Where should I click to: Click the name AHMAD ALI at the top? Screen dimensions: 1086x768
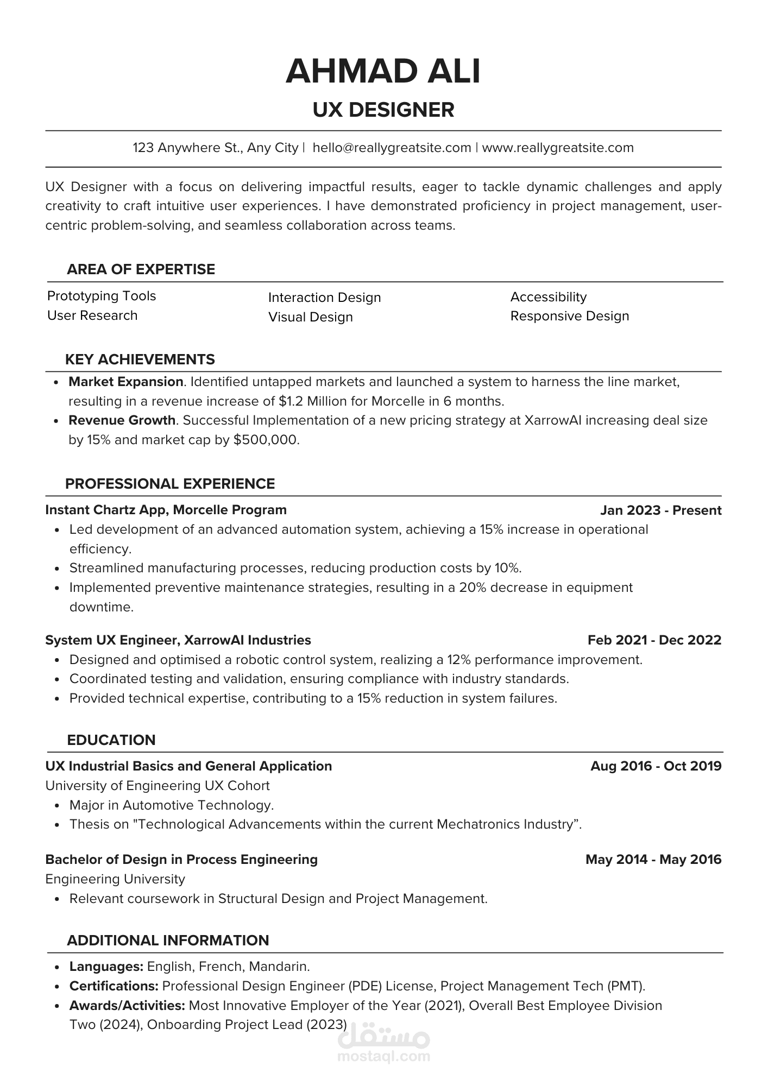[x=383, y=72]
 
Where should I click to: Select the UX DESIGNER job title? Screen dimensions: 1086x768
[x=383, y=110]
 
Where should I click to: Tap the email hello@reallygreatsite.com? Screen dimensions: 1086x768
[x=392, y=148]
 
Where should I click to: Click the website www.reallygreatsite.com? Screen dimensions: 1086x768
[x=558, y=148]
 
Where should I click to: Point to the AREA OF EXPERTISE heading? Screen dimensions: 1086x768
[x=141, y=269]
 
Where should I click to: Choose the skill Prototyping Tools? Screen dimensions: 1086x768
[x=102, y=296]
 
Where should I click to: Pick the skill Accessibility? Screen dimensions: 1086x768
[x=549, y=297]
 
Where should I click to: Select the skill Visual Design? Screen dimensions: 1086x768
[x=310, y=317]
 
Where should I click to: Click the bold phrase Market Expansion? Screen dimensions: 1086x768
[x=125, y=382]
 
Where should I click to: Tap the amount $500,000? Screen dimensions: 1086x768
[x=266, y=440]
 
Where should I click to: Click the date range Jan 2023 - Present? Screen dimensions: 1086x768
[x=660, y=510]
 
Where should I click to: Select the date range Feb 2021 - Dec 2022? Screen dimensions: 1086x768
[x=654, y=640]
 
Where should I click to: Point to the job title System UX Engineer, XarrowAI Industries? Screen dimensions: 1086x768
[x=178, y=640]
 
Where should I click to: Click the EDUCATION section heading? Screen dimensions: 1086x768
[x=111, y=740]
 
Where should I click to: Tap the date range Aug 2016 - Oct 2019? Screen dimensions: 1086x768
[x=656, y=766]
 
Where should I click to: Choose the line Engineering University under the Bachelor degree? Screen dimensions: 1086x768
[x=115, y=879]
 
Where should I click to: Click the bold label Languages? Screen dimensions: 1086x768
[x=106, y=967]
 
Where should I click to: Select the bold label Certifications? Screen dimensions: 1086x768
[x=114, y=986]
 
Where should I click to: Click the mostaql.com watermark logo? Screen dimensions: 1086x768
[x=383, y=1045]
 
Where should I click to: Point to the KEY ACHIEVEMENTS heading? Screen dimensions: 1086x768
[x=140, y=359]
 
